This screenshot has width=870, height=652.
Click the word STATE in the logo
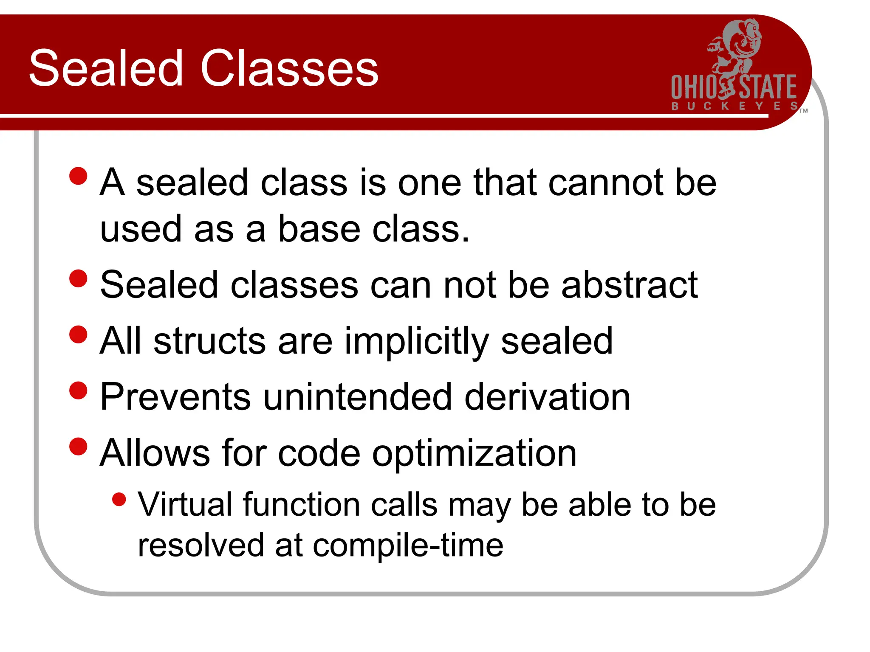tap(768, 87)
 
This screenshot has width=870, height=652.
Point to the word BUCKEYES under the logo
tap(734, 106)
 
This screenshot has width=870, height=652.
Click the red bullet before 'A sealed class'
tap(78, 176)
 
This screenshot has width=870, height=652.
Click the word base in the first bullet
tap(319, 229)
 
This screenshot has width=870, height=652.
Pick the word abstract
tap(630, 285)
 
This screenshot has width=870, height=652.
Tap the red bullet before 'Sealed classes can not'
tap(78, 278)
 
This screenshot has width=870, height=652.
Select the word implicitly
tap(417, 342)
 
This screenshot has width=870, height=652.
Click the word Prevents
tap(175, 397)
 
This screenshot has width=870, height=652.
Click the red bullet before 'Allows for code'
tap(78, 446)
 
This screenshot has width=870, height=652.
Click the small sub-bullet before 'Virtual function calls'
tap(119, 499)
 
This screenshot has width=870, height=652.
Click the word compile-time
tap(408, 545)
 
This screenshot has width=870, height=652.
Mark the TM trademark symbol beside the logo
tap(803, 111)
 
